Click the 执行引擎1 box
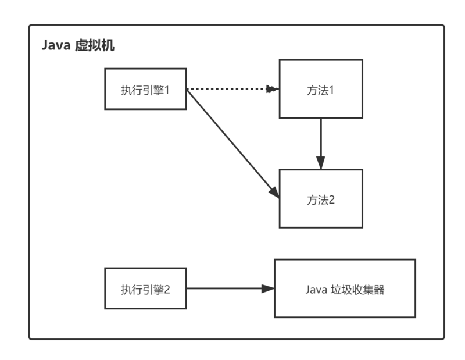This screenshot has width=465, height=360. click(x=145, y=88)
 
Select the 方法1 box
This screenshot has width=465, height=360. click(x=321, y=88)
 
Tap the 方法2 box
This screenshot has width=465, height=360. click(x=321, y=198)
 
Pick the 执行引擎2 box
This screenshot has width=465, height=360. click(x=145, y=288)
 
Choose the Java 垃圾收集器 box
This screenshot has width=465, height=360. click(x=345, y=288)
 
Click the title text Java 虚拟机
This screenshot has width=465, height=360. click(x=78, y=46)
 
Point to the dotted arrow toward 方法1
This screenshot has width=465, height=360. click(x=230, y=89)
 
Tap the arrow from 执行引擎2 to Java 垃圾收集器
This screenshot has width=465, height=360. click(x=230, y=288)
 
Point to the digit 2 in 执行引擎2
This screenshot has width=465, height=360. click(x=166, y=290)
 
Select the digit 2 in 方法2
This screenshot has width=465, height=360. click(x=332, y=200)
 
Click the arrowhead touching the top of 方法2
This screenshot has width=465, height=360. click(x=320, y=163)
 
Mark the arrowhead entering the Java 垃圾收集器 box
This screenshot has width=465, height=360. click(x=268, y=288)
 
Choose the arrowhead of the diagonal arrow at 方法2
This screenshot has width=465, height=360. click(x=274, y=193)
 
